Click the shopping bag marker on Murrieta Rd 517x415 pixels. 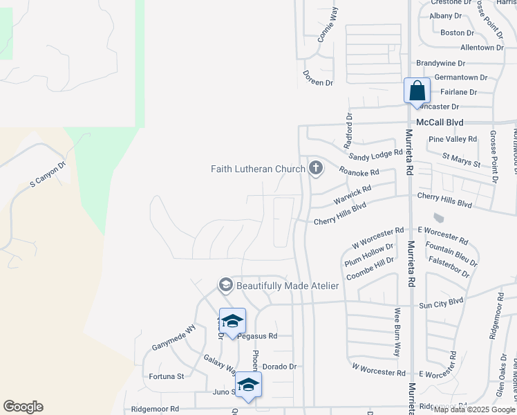pyautogui.click(x=417, y=91)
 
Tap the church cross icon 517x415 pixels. pyautogui.click(x=316, y=168)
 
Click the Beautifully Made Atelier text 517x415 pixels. pyautogui.click(x=288, y=286)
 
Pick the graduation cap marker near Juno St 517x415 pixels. pyautogui.click(x=248, y=386)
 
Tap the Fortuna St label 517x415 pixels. pyautogui.click(x=167, y=377)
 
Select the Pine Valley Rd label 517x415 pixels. pyautogui.click(x=453, y=139)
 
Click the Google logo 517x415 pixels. pyautogui.click(x=23, y=407)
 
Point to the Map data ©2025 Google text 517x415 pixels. pyautogui.click(x=475, y=409)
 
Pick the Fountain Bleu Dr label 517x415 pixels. pyautogui.click(x=451, y=252)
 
